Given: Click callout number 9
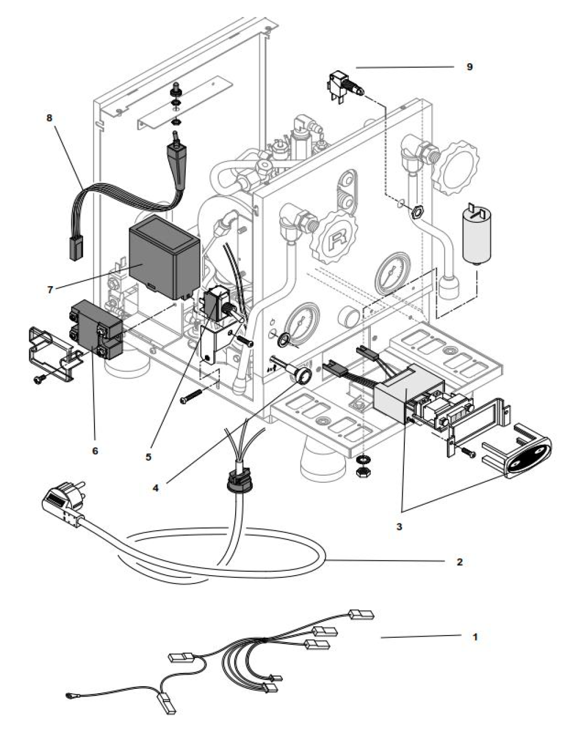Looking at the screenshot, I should pyautogui.click(x=469, y=66).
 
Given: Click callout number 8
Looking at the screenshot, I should pyautogui.click(x=49, y=118).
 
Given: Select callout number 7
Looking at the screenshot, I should pyautogui.click(x=50, y=289).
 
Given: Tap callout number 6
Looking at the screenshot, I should pyautogui.click(x=95, y=450).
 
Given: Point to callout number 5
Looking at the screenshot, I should pyautogui.click(x=148, y=456).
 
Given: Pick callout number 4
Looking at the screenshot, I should pyautogui.click(x=155, y=487).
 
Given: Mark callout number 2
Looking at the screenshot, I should pyautogui.click(x=459, y=562).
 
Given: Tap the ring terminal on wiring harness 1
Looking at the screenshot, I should pyautogui.click(x=69, y=694).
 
